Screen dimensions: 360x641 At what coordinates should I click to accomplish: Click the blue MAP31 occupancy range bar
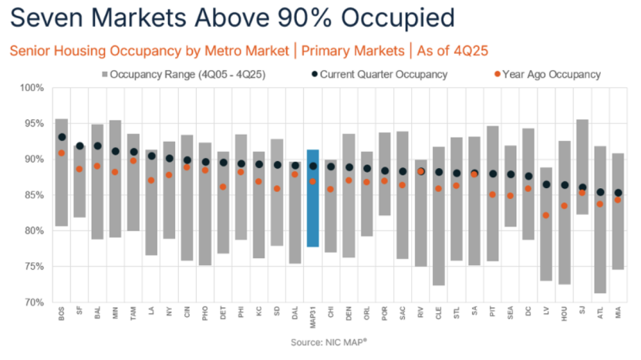pos(312,198)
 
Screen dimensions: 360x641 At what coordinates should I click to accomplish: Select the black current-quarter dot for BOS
pos(62,137)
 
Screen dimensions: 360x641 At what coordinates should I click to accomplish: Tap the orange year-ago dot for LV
pos(547,216)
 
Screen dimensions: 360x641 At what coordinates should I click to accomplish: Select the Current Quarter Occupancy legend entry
pos(377,75)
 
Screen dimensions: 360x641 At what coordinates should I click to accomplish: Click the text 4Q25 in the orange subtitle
pos(467,51)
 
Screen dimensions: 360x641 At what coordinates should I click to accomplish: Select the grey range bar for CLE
pos(439,216)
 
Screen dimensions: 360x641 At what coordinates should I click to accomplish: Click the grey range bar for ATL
pos(600,220)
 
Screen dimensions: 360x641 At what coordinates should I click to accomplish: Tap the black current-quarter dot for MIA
pos(618,193)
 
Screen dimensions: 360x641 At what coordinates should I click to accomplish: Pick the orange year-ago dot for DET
pos(223,187)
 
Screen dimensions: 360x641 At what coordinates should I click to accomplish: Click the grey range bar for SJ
pos(582,167)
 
